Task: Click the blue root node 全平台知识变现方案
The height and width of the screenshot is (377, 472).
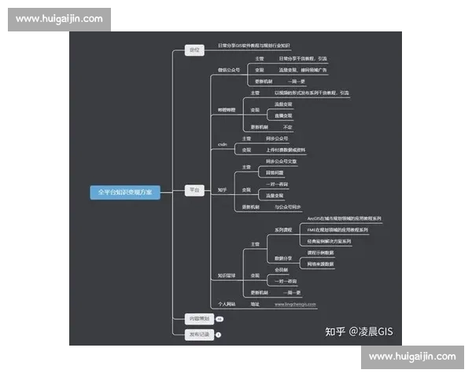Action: (125, 192)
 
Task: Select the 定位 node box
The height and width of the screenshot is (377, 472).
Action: (194, 49)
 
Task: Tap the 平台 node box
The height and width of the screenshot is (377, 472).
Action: (194, 190)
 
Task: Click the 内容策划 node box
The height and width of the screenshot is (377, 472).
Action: (197, 319)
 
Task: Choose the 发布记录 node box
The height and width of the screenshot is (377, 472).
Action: (197, 335)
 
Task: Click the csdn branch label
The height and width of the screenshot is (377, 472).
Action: (222, 144)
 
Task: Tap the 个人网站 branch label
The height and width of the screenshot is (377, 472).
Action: (227, 303)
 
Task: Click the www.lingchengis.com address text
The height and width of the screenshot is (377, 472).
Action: (295, 303)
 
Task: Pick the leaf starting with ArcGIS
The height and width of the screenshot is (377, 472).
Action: (344, 218)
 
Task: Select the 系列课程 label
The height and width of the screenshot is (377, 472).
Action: (283, 229)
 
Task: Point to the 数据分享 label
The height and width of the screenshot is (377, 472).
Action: (283, 258)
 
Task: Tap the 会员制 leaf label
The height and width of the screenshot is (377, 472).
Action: (282, 269)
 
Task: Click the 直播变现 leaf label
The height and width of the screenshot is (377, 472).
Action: (283, 115)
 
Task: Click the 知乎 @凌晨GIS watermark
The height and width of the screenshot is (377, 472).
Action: (358, 331)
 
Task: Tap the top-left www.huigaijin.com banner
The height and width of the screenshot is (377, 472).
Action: (59, 18)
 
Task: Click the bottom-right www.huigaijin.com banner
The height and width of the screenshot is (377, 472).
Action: (412, 357)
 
